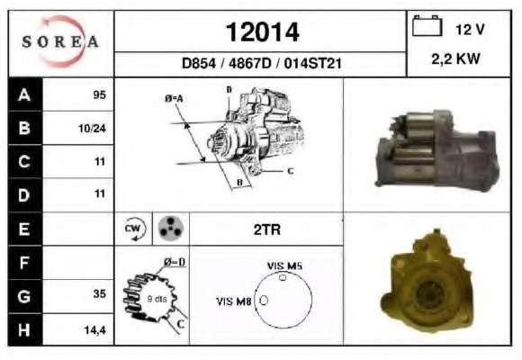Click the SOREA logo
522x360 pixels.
click(x=60, y=41)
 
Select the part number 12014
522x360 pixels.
click(x=262, y=32)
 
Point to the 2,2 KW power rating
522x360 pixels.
click(x=455, y=58)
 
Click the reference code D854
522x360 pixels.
click(x=199, y=63)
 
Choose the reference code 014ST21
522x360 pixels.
click(x=312, y=63)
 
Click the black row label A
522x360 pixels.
click(x=25, y=94)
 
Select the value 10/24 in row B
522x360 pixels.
click(x=92, y=128)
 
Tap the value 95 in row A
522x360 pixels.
click(x=99, y=94)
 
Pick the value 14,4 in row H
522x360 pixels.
click(x=94, y=330)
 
